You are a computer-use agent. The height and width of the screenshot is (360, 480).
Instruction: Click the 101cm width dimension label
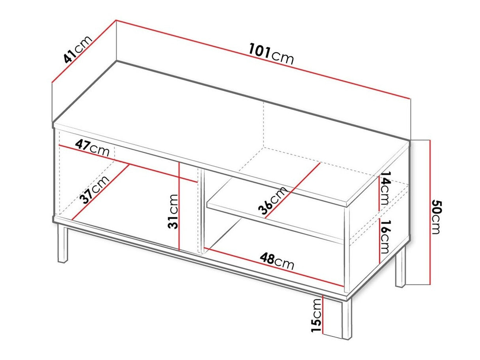pos(272,55)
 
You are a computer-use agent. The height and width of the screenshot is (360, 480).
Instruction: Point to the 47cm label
pos(93,147)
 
